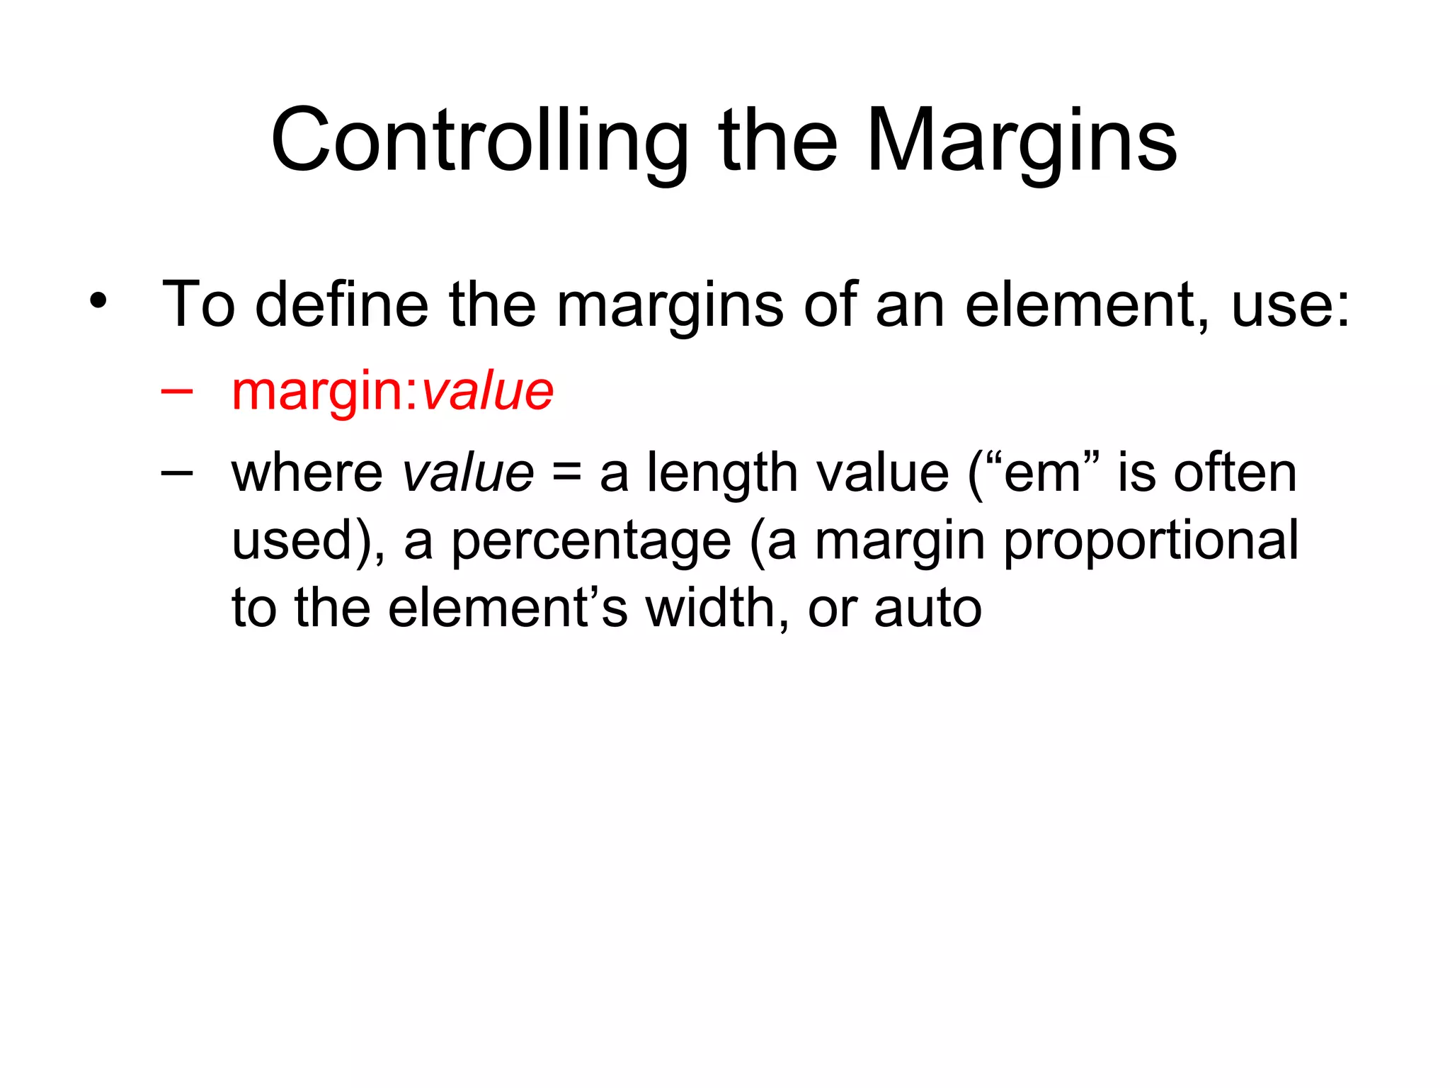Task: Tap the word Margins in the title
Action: coord(1021,141)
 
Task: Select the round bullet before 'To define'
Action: coord(98,301)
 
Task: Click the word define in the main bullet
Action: coord(341,305)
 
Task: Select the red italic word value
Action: coord(487,391)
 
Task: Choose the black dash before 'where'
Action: coord(176,472)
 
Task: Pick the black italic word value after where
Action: coord(467,473)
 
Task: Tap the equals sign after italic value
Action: coord(567,473)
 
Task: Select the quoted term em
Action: coord(1041,473)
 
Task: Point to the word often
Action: coord(1235,473)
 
